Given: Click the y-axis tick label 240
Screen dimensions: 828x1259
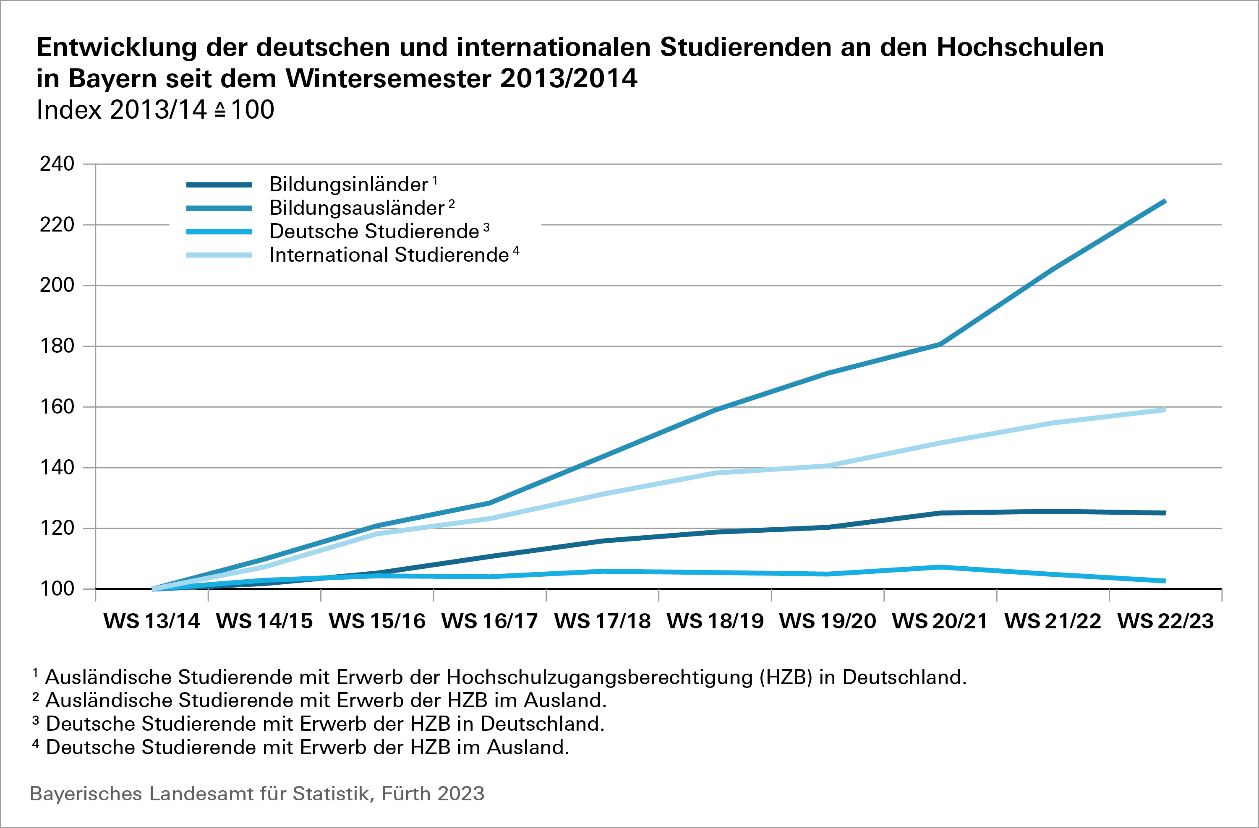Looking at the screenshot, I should tap(57, 164).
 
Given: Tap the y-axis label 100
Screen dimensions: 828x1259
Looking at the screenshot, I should tap(57, 588).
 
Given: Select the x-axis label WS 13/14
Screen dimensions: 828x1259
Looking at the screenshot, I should tap(152, 621).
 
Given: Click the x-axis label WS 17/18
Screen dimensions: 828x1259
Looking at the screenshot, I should tap(603, 621).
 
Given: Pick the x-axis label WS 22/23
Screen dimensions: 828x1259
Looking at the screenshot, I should tap(1165, 621).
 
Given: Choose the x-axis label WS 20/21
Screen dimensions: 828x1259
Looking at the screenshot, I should tap(940, 621).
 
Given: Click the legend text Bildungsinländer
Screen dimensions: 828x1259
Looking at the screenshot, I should tap(349, 185).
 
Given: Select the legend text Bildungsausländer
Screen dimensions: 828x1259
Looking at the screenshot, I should tap(357, 208).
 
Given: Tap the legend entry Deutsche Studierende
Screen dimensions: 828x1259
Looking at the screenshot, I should tap(374, 232).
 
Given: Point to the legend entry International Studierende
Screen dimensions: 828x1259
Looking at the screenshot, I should tap(389, 255).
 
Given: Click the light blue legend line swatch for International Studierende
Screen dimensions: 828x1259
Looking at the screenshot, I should tap(219, 255).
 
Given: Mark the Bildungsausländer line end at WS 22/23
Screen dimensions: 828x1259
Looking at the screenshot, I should tap(1164, 201).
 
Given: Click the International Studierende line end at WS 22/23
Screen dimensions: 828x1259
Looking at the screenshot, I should tap(1164, 410).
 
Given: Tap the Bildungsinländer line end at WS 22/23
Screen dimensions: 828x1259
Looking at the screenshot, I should tap(1164, 513).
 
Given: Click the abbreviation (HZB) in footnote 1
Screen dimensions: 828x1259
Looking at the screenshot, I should tap(786, 677).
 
